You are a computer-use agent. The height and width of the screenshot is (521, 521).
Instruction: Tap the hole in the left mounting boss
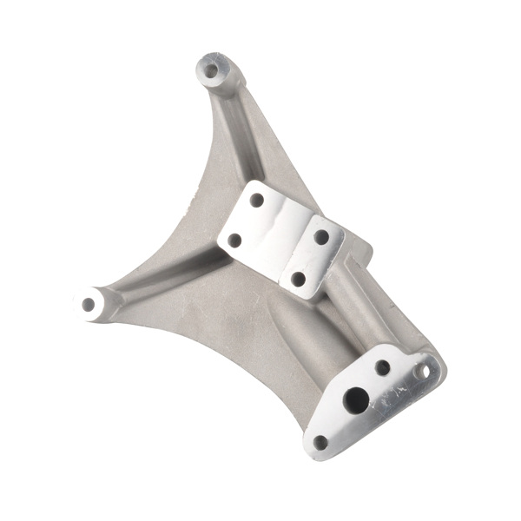click(89, 304)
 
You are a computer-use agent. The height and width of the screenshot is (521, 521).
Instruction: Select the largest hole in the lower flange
click(355, 399)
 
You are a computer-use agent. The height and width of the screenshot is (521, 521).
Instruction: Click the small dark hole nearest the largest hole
click(382, 367)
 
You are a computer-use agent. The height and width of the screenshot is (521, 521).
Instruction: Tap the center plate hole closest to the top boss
click(256, 200)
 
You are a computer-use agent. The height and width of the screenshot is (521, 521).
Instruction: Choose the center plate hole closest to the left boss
click(234, 240)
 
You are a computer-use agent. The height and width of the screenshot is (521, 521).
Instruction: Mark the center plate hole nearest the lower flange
click(298, 279)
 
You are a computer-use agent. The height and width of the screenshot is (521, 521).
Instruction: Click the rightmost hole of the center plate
click(321, 236)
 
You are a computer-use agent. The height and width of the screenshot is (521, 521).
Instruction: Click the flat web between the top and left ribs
click(187, 217)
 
